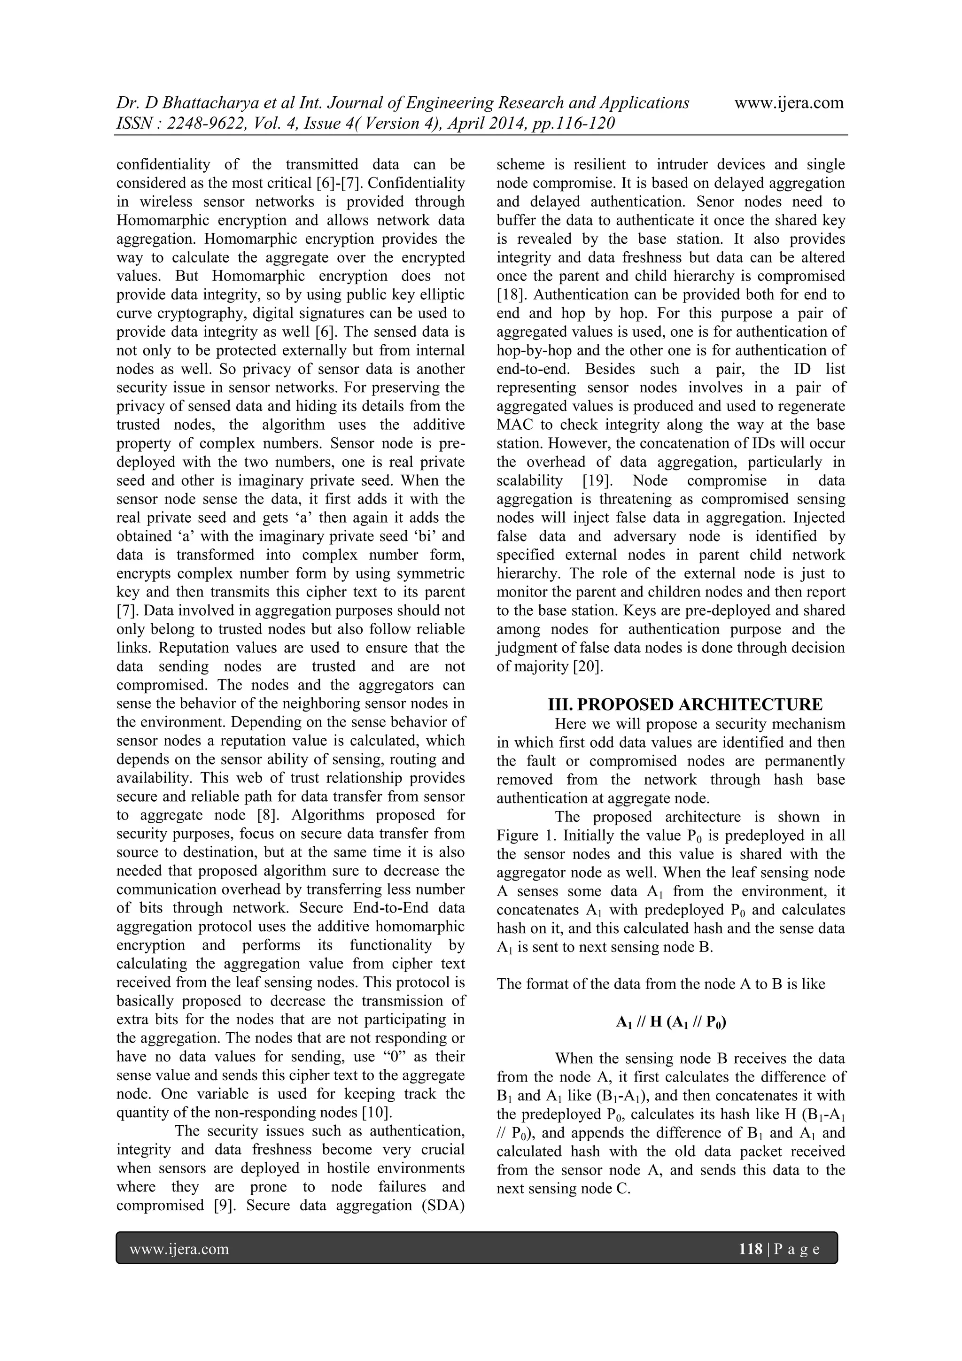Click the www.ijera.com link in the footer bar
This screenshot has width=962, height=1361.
[x=179, y=1250]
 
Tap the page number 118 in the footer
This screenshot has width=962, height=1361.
[x=751, y=1250]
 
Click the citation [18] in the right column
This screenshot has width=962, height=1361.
[x=510, y=294]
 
